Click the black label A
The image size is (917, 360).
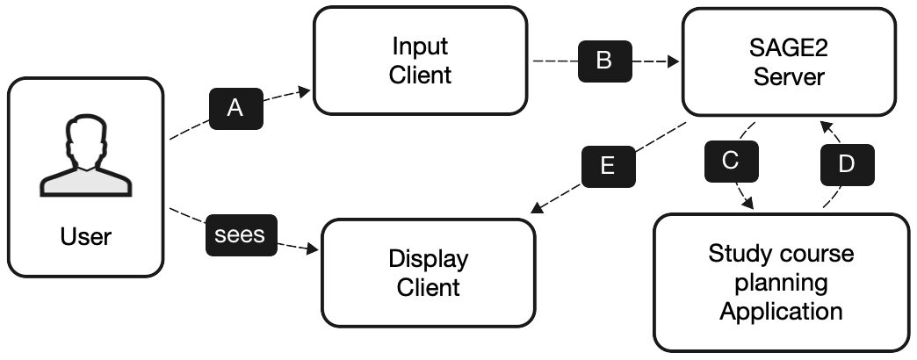pyautogui.click(x=235, y=108)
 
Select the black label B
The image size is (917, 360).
pyautogui.click(x=603, y=61)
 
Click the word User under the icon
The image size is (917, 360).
pyautogui.click(x=86, y=236)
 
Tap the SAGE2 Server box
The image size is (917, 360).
pyautogui.click(x=790, y=61)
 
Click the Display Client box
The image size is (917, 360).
pyautogui.click(x=428, y=273)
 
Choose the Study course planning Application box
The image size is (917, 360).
pyautogui.click(x=781, y=283)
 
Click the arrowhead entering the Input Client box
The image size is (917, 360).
pyautogui.click(x=306, y=90)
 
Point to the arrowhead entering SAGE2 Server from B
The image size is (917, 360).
pyautogui.click(x=674, y=62)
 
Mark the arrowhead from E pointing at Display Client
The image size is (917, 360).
pyautogui.click(x=537, y=212)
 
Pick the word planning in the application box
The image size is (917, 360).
pyautogui.click(x=781, y=283)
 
